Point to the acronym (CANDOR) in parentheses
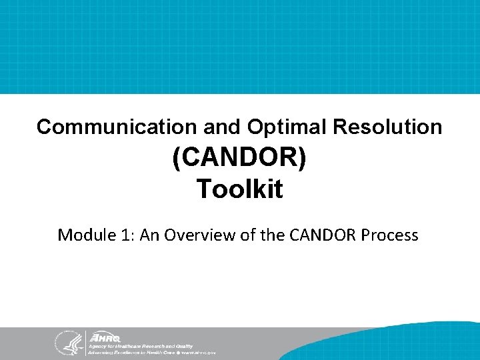[239, 159]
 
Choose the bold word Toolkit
[239, 189]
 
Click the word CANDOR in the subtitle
[315, 235]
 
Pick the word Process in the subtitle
[390, 235]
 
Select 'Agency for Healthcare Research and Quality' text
[140, 346]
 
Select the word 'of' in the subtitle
[247, 235]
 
